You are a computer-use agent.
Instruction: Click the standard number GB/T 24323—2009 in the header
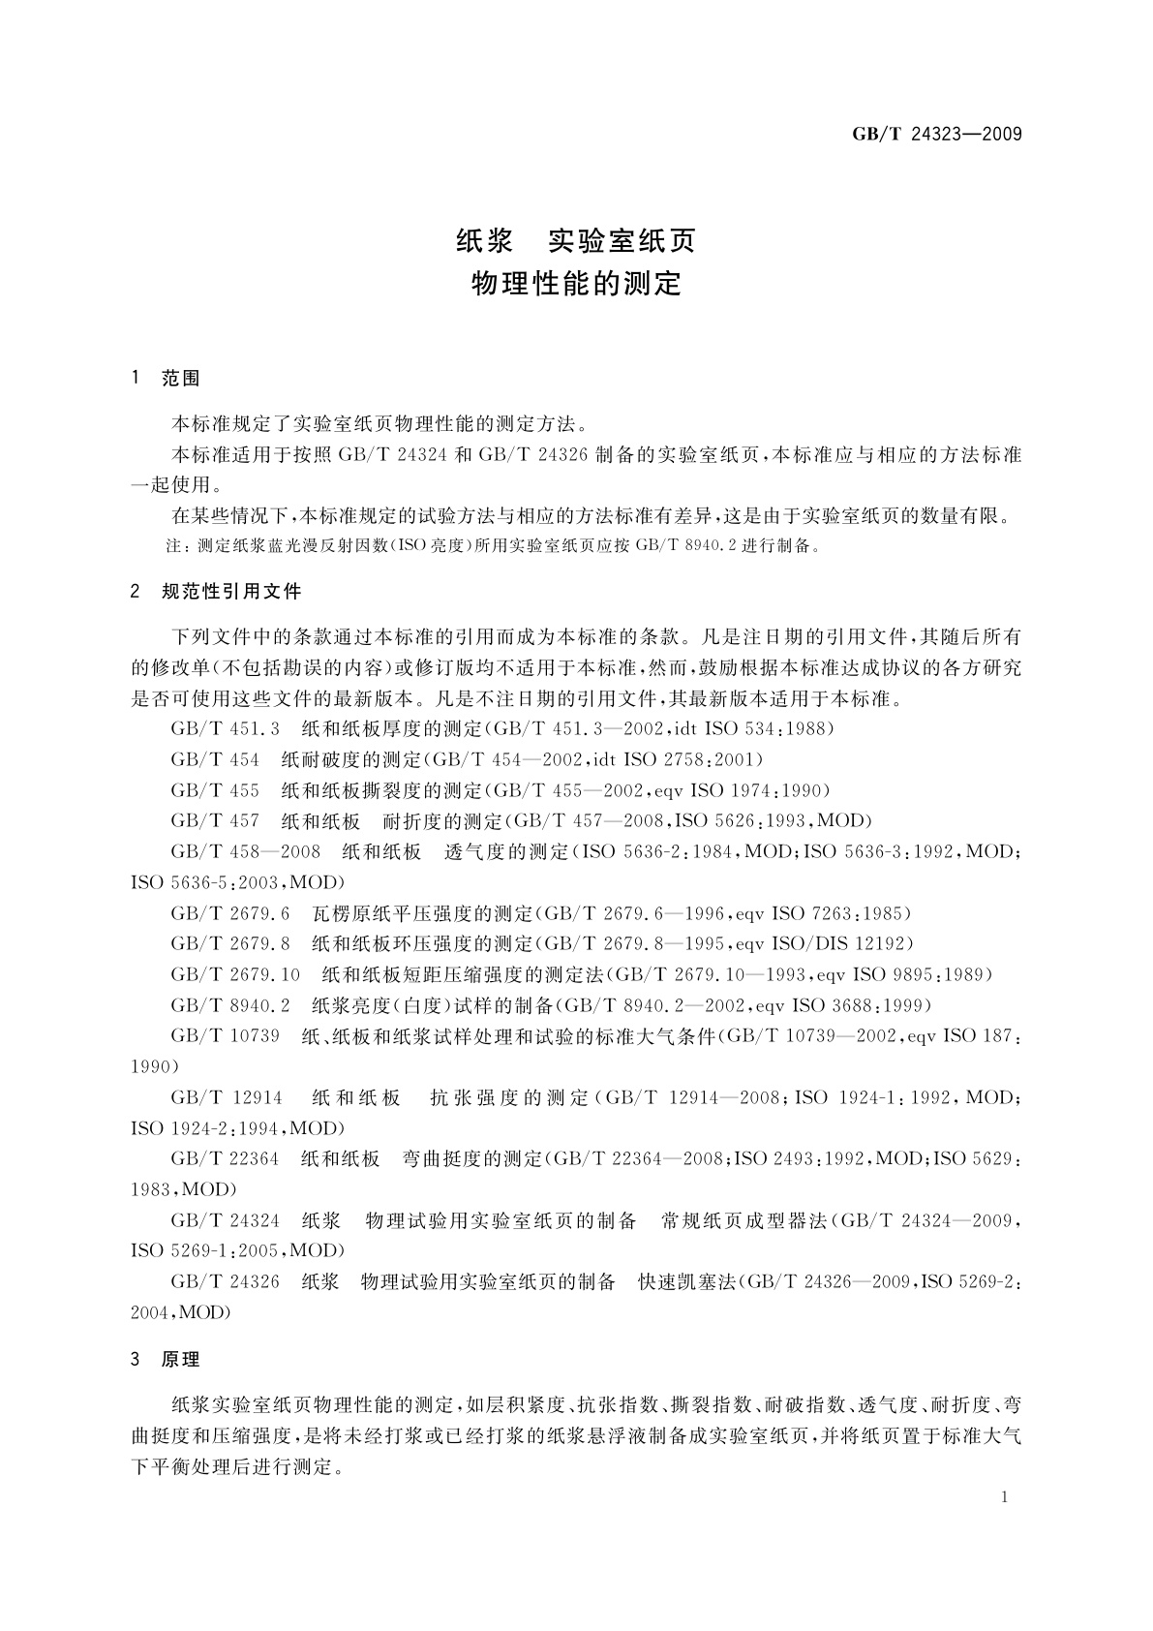coord(936,135)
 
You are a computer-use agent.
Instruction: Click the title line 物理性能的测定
coord(576,284)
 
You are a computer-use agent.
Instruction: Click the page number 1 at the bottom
coord(1005,1497)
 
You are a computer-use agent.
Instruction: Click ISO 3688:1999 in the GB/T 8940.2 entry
coord(861,1005)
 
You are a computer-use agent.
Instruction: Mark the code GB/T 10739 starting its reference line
coord(226,1036)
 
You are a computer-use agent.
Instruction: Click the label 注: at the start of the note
coord(176,546)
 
